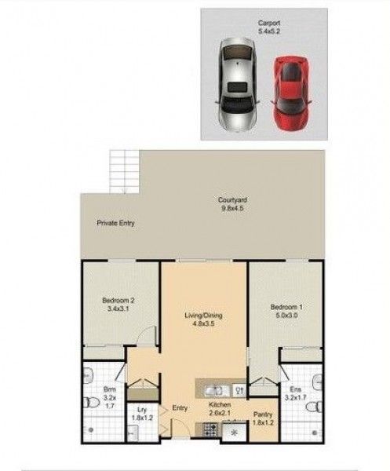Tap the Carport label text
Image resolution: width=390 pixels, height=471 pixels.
tap(269, 24)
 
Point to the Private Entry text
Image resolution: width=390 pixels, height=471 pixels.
tap(116, 223)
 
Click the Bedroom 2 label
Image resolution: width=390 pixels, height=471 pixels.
tap(119, 300)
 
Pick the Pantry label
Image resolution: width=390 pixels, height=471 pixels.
tap(261, 414)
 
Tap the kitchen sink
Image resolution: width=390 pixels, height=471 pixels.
tap(213, 388)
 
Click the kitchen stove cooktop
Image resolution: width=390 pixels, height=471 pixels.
tap(210, 428)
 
